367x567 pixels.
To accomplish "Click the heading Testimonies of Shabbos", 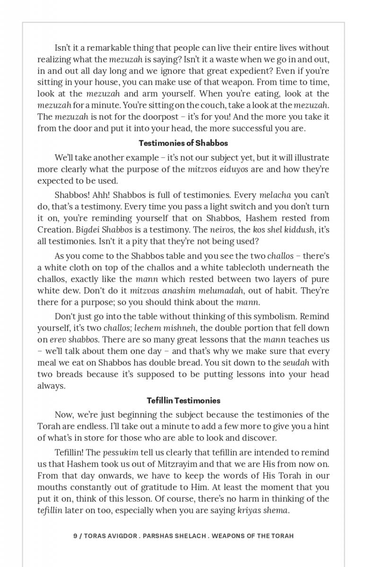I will tap(183, 143).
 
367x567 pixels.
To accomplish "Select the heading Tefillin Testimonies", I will tap(183, 401).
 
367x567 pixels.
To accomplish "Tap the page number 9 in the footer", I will tap(75, 536).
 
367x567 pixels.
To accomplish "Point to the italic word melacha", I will tap(275, 195).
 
